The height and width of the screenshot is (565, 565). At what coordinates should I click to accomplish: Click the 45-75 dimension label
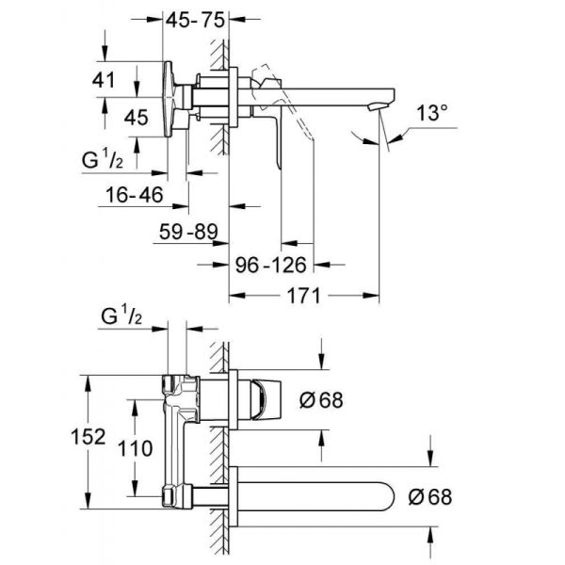coord(195,18)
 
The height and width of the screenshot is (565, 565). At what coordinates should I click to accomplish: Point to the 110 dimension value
coord(137,449)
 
